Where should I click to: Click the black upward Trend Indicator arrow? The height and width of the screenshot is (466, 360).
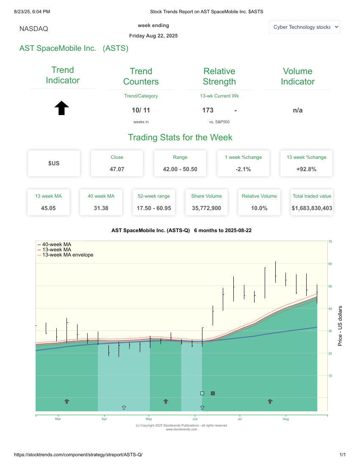coord(62,108)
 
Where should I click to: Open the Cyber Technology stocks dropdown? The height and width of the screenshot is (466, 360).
coord(304,27)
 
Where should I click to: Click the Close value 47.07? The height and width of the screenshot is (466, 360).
coord(117,169)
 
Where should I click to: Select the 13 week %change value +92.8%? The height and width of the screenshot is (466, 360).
coord(306,169)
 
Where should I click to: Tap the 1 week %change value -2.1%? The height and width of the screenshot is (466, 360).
coord(243,169)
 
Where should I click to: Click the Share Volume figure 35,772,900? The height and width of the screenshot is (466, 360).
coord(206,208)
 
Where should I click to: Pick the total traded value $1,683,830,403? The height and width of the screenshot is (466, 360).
coord(312,208)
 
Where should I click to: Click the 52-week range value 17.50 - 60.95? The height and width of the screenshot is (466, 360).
coord(154,208)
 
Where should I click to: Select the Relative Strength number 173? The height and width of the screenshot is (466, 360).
coord(208,110)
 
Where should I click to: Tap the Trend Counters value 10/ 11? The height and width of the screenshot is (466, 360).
coord(141,110)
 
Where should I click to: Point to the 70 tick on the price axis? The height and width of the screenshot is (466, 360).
coord(330,241)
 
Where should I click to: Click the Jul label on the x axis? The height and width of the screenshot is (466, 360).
coord(240,419)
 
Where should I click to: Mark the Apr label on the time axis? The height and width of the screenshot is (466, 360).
coord(104,419)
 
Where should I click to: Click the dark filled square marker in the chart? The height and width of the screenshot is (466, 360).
coord(213,394)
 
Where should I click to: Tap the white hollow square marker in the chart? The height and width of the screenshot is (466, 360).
coord(202,394)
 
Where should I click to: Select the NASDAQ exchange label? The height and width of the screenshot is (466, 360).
coord(34,29)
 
